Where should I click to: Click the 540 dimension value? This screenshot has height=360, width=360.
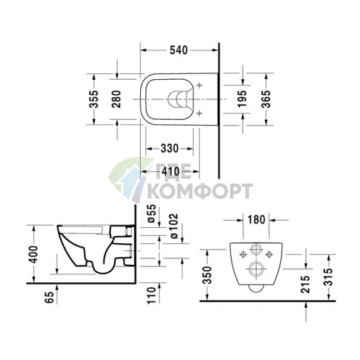pos(179,50)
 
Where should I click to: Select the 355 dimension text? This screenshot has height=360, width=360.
pos(94,99)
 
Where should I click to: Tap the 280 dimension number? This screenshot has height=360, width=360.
pos(116,99)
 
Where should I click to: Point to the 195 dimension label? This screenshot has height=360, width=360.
pos(242,99)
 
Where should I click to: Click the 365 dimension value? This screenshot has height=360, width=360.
pos(266,99)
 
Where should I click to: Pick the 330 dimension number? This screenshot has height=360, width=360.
pos(170,148)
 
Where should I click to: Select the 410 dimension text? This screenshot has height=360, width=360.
pos(171,171)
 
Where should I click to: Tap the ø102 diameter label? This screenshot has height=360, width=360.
pos(173,226)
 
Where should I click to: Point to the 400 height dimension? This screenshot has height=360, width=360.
pos(33,254)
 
